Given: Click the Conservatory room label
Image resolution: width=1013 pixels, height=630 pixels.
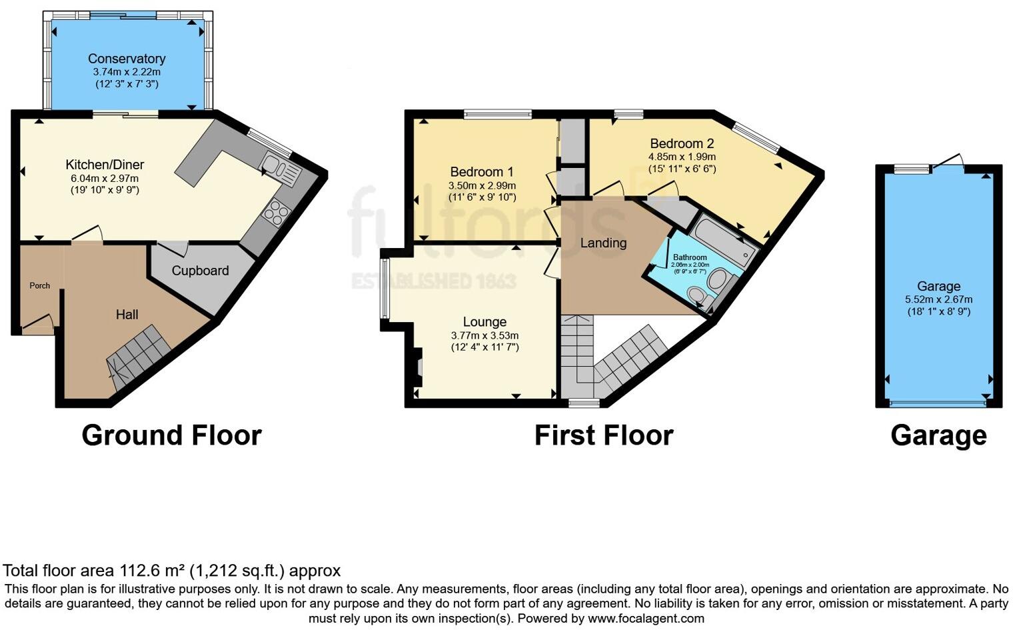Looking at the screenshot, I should tap(127, 59).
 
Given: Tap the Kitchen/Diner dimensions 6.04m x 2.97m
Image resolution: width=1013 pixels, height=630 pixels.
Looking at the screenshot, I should tap(105, 178).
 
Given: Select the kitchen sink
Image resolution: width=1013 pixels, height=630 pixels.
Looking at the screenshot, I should tap(281, 167).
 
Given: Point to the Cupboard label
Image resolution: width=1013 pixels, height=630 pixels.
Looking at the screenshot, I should tap(200, 271).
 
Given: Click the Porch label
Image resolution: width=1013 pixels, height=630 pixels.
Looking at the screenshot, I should tap(39, 285).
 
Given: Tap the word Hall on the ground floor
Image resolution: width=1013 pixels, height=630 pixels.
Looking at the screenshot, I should tap(127, 315).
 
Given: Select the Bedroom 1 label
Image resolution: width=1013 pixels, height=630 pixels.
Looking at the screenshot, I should tap(481, 172).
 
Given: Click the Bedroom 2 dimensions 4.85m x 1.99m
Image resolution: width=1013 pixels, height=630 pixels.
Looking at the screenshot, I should tap(682, 157).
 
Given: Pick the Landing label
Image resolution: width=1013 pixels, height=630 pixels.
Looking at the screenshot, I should tap(603, 243).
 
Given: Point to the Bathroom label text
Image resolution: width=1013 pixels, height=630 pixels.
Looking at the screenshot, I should tap(690, 257).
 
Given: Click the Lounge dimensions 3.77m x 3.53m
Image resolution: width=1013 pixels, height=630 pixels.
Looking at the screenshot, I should tap(485, 335).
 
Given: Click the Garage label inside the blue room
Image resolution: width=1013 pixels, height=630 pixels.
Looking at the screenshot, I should tap(938, 287).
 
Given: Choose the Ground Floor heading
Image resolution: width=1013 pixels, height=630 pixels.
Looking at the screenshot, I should tap(171, 435).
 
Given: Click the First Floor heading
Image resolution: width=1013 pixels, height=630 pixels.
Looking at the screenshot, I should tap(604, 435).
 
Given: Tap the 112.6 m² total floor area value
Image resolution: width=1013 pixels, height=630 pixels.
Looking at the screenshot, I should tap(153, 571).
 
